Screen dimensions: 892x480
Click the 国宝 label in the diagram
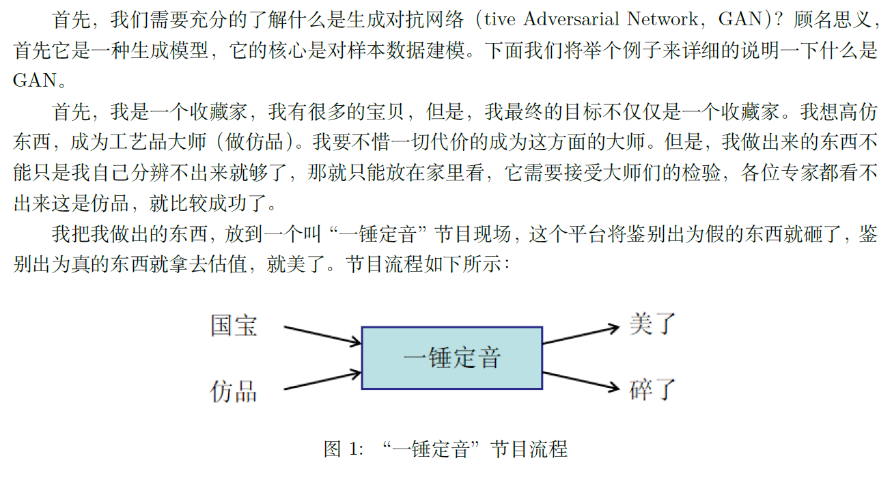click(234, 326)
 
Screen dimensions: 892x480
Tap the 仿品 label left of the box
click(234, 391)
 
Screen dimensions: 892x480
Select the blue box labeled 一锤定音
click(451, 358)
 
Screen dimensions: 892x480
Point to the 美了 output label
click(652, 324)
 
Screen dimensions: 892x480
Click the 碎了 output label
click(652, 390)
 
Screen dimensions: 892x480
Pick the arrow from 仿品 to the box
click(322, 380)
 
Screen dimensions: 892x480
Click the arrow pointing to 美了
click(581, 335)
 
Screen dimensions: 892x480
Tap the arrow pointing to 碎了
click(581, 382)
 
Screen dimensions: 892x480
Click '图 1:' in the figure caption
click(342, 449)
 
